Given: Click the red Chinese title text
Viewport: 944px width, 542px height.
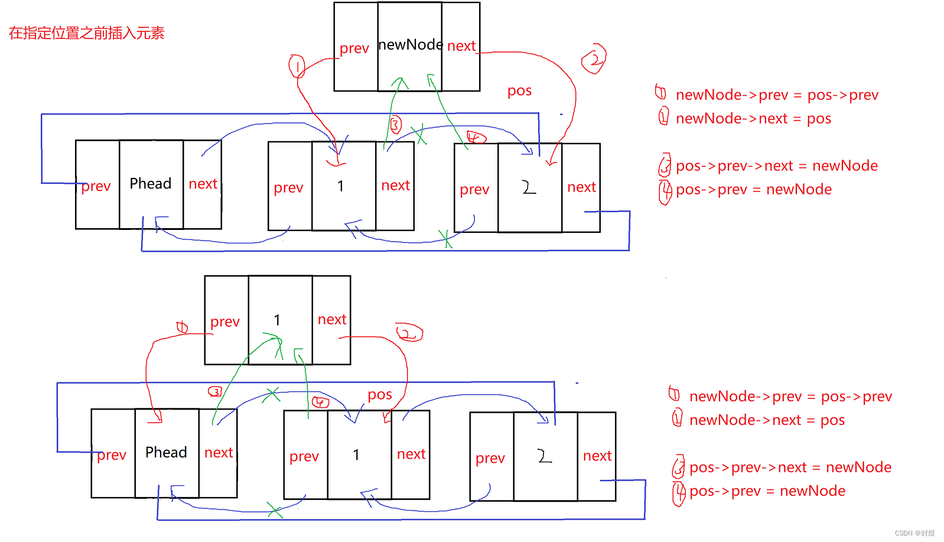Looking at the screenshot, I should tap(86, 33).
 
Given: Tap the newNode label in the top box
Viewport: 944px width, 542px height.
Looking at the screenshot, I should tap(410, 45).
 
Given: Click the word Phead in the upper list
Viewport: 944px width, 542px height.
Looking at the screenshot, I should tap(151, 184).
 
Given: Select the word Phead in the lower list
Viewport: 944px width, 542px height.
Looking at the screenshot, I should tap(166, 453).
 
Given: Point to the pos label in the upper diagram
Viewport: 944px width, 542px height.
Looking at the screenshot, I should tap(520, 91).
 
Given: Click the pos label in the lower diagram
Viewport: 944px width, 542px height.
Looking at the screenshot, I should tap(380, 395).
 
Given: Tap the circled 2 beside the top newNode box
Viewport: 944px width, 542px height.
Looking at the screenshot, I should tap(594, 59).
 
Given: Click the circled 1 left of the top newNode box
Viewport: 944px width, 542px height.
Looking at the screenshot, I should tap(297, 66).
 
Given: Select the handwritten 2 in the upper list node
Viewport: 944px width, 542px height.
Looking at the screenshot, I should tap(529, 188).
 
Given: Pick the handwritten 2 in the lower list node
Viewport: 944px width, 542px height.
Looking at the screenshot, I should tap(544, 456).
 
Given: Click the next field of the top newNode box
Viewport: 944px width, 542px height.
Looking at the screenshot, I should tap(461, 46).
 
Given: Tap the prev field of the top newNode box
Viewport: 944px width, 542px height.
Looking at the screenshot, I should tap(354, 48).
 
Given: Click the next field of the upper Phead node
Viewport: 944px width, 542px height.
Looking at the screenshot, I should tap(203, 184).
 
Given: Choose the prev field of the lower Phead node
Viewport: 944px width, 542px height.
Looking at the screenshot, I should tap(112, 455).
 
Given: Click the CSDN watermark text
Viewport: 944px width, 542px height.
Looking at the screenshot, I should tap(914, 533).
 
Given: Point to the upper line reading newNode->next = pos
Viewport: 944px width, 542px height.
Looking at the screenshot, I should tap(753, 119).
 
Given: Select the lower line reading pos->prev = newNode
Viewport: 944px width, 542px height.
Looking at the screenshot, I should tap(767, 491).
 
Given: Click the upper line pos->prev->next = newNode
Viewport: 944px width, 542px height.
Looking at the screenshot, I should tap(777, 166).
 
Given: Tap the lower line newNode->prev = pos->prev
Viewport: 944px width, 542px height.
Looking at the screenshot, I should tap(790, 397).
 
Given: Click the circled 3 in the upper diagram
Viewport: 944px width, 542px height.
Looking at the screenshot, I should tap(395, 125).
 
